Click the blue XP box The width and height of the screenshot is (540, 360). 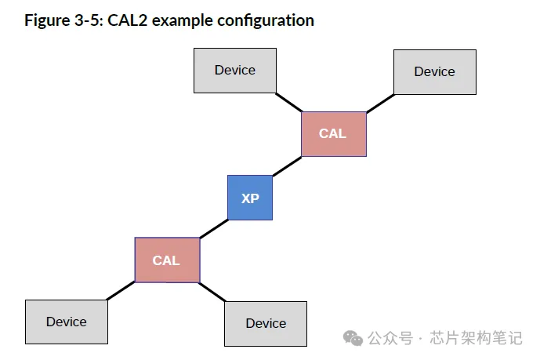pyautogui.click(x=250, y=198)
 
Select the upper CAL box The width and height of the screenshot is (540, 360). pyautogui.click(x=333, y=134)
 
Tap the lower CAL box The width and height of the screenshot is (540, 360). pyautogui.click(x=167, y=260)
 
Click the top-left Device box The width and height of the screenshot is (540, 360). pyautogui.click(x=235, y=71)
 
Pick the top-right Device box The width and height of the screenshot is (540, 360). pyautogui.click(x=434, y=72)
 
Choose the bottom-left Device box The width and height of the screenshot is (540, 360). pyautogui.click(x=67, y=322)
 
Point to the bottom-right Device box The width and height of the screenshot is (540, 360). pyautogui.click(x=266, y=323)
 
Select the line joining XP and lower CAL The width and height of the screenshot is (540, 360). pyautogui.click(x=213, y=228)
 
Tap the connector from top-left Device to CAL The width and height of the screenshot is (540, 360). pyautogui.click(x=288, y=103)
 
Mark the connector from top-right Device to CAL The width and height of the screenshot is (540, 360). pyautogui.click(x=380, y=103)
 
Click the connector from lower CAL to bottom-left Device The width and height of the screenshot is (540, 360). pyautogui.click(x=121, y=291)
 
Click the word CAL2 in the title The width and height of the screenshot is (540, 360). pyautogui.click(x=126, y=20)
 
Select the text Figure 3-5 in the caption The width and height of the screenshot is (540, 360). pyautogui.click(x=59, y=20)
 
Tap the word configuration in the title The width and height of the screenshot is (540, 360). pyautogui.click(x=263, y=20)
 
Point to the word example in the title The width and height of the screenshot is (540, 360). pyautogui.click(x=181, y=20)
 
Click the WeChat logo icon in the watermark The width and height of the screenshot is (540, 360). pyautogui.click(x=354, y=338)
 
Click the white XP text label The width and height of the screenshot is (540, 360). pyautogui.click(x=250, y=198)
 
